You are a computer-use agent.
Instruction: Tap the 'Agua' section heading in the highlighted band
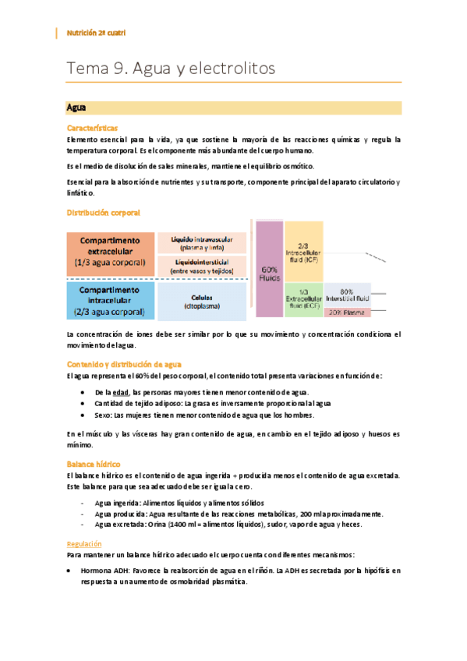[x=76, y=107]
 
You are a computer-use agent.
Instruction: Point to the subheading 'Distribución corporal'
[x=104, y=212]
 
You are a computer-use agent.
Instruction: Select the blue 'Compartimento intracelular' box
[x=111, y=301]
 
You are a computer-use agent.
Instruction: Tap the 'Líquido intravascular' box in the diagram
[x=202, y=242]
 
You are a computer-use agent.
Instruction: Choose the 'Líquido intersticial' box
[x=202, y=267]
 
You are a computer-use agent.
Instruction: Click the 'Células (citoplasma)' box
[x=202, y=301]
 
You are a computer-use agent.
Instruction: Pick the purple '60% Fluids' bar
[x=269, y=269]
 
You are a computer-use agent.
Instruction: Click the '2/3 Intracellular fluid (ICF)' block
[x=302, y=250]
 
